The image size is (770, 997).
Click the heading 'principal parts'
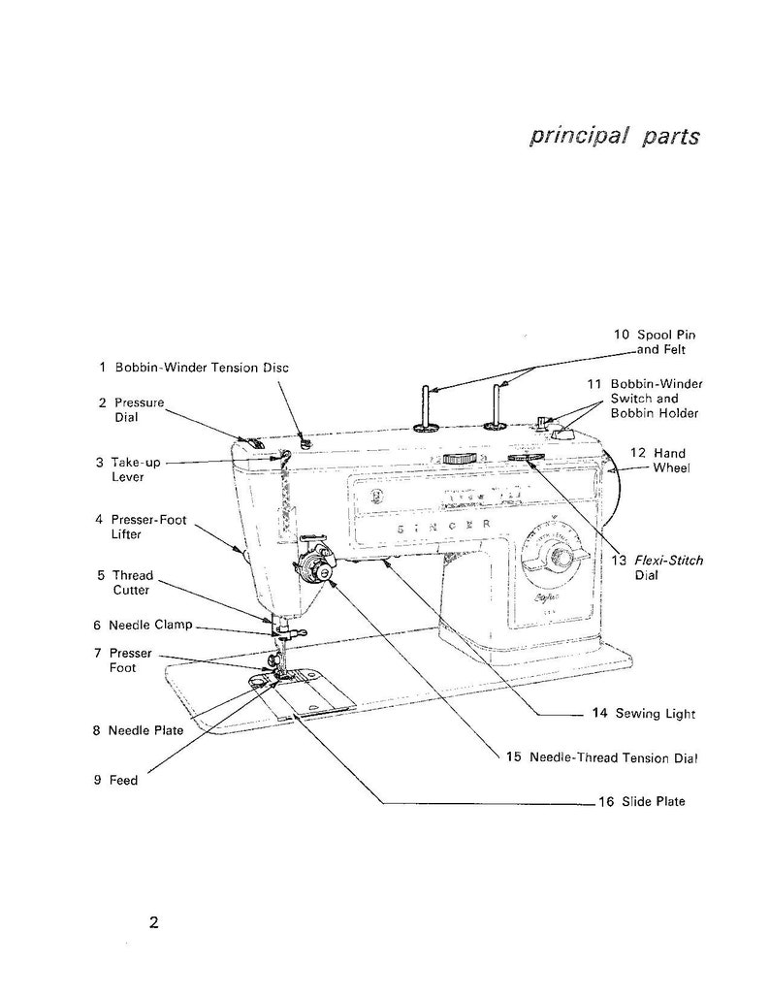[614, 135]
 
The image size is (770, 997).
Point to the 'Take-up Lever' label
[128, 469]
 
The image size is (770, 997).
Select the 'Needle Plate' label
[138, 730]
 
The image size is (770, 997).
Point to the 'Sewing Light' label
[644, 714]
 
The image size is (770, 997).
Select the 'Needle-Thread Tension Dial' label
[603, 756]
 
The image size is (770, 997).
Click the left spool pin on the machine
[425, 407]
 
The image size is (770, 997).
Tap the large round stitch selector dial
[558, 557]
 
